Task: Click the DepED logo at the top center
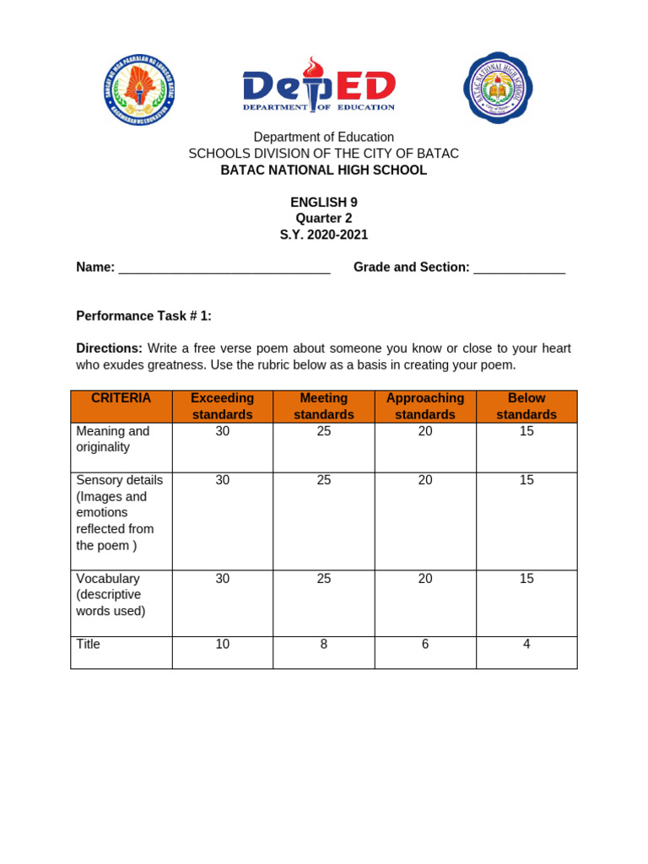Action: pos(319,85)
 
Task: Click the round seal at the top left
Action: pos(140,89)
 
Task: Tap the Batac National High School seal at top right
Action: pos(498,87)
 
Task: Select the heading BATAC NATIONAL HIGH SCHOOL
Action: pos(324,170)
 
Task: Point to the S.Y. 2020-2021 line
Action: pos(324,235)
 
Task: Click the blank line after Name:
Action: pos(224,269)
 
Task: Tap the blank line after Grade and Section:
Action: pos(519,269)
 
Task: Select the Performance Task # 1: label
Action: pos(144,316)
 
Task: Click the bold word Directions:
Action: pos(110,348)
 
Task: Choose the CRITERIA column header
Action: pos(121,398)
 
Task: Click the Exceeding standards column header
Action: pos(223,406)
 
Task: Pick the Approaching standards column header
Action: pos(425,406)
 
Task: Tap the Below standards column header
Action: pos(526,406)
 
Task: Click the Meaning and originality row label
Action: pos(113,439)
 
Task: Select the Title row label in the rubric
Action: pos(89,645)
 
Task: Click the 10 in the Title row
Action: pos(223,645)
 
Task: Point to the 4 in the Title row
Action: pos(526,645)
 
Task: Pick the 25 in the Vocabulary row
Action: pos(324,579)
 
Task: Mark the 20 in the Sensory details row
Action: pos(425,480)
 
